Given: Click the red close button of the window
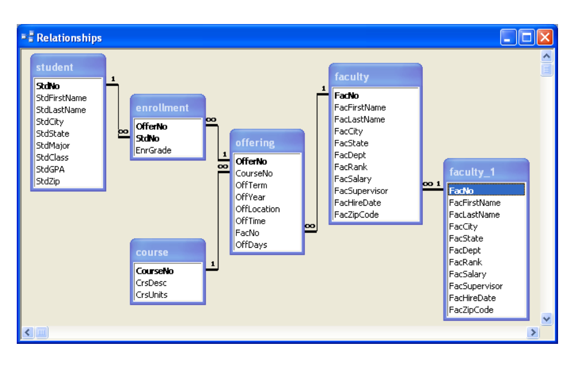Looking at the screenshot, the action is [x=545, y=38].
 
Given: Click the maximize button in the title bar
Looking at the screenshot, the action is [x=526, y=38].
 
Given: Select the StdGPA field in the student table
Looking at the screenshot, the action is [x=50, y=169].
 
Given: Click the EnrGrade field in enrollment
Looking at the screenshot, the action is [x=154, y=150].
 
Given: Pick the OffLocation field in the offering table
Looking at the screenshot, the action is [x=258, y=209].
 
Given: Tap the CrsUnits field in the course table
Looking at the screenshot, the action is [x=151, y=295].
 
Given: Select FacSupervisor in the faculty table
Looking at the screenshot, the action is [x=361, y=191].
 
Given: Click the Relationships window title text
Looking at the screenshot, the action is [x=69, y=38].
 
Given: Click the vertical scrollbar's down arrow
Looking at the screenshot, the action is [x=546, y=319].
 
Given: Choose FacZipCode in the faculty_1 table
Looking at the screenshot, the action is [x=471, y=310].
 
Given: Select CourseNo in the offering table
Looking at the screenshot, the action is [x=254, y=173].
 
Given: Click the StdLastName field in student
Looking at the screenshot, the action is [x=61, y=110].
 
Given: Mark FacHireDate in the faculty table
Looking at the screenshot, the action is [x=358, y=202].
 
